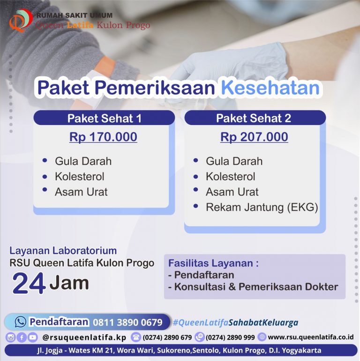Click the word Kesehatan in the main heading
(x=270, y=88)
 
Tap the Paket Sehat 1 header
(x=104, y=118)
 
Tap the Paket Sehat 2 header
(x=254, y=118)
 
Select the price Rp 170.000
(x=103, y=137)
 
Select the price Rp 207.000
(x=254, y=137)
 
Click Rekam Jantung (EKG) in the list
(x=262, y=207)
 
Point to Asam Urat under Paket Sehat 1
(x=81, y=192)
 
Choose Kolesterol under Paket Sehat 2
(x=230, y=177)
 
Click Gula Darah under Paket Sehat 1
(x=83, y=162)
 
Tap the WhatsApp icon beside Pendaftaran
(x=21, y=322)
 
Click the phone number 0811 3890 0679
(x=127, y=322)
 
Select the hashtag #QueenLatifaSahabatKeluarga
(x=235, y=323)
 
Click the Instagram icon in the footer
(x=10, y=337)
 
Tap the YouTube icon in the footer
(x=32, y=337)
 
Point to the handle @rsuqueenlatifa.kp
(x=84, y=337)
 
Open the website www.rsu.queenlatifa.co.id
(x=310, y=337)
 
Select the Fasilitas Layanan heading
(x=213, y=263)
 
